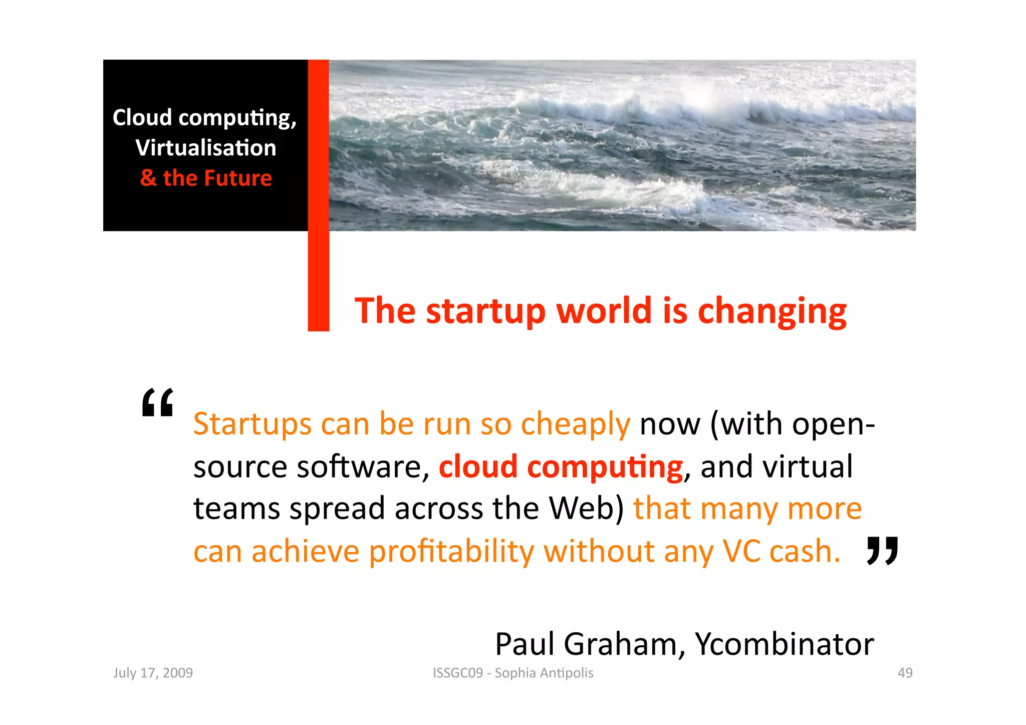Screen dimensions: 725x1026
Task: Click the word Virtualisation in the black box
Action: pyautogui.click(x=205, y=148)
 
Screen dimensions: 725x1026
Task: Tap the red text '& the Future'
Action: pyautogui.click(x=206, y=178)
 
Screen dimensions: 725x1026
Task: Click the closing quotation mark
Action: pyautogui.click(x=882, y=550)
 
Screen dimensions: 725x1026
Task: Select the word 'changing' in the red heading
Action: pyautogui.click(x=772, y=312)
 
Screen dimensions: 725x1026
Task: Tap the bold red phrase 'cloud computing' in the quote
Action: pyautogui.click(x=561, y=467)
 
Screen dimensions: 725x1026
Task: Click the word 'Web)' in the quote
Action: pyautogui.click(x=586, y=509)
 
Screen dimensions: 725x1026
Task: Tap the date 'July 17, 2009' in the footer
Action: pyautogui.click(x=153, y=673)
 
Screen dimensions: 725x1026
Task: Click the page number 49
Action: pyautogui.click(x=905, y=673)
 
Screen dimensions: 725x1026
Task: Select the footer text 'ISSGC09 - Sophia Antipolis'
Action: pyautogui.click(x=513, y=673)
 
